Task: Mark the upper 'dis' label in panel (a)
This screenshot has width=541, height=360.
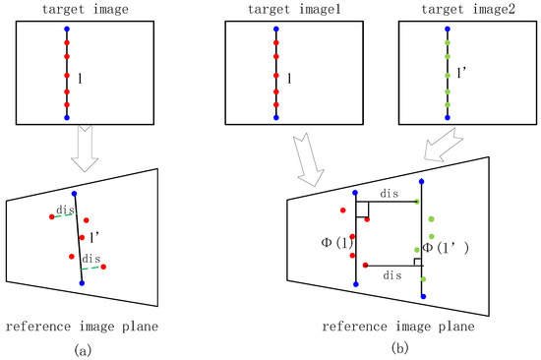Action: [65, 209]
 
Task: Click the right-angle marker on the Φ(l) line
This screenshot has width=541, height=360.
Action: [361, 210]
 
